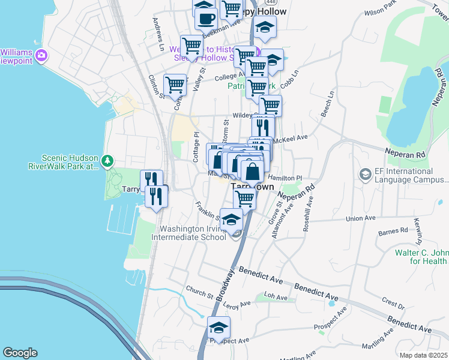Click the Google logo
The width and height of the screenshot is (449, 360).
pyautogui.click(x=20, y=353)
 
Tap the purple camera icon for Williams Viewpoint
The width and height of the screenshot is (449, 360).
pyautogui.click(x=41, y=56)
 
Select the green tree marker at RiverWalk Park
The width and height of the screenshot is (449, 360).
pyautogui.click(x=107, y=160)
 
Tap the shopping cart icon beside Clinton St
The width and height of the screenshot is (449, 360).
pyautogui.click(x=175, y=85)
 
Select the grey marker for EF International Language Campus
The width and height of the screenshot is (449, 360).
pyautogui.click(x=364, y=175)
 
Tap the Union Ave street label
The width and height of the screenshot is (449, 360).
pyautogui.click(x=360, y=218)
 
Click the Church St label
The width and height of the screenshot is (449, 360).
pyautogui.click(x=199, y=295)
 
